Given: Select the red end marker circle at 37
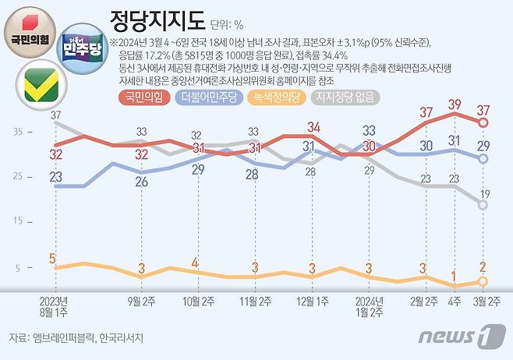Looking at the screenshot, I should [x=483, y=122].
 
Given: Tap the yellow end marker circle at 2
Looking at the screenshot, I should [x=483, y=281].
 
